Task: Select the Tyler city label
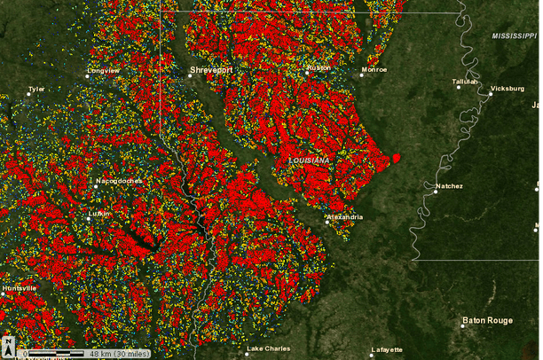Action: [x=36, y=90]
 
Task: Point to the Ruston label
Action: [x=318, y=68]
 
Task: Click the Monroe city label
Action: [x=374, y=70]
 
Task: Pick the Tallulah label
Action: [x=465, y=82]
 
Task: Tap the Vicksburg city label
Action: [x=508, y=89]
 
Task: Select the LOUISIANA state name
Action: [x=309, y=160]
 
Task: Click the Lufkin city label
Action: [x=100, y=214]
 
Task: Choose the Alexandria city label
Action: [x=344, y=216]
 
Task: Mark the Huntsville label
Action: [x=20, y=288]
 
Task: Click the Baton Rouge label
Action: [x=487, y=320]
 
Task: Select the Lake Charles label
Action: [x=268, y=348]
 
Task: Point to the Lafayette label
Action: [x=386, y=349]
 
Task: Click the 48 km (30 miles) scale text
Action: [x=119, y=354]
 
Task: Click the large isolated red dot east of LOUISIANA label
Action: [x=397, y=159]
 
